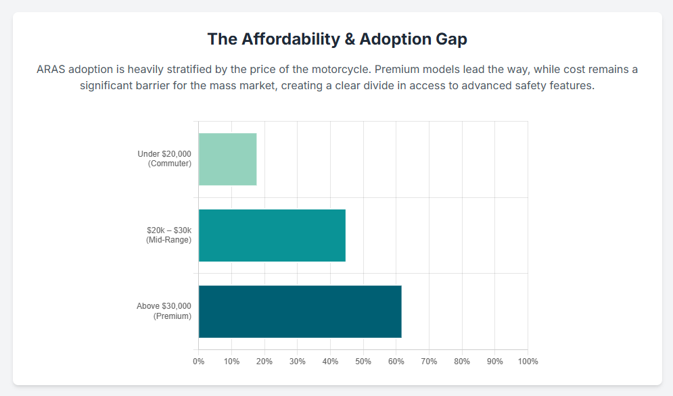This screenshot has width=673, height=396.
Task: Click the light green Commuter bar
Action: [227, 159]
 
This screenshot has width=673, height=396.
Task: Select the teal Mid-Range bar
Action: [272, 235]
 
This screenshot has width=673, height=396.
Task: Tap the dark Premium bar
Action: [300, 312]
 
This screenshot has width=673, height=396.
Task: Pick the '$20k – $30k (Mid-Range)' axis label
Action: [169, 235]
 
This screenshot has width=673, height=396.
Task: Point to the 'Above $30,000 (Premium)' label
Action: [164, 311]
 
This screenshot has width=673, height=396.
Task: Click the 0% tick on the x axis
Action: [199, 362]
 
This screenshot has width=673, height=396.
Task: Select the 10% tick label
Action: [231, 362]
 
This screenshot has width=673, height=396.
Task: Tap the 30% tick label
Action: [297, 362]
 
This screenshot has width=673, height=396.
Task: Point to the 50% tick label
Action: [363, 362]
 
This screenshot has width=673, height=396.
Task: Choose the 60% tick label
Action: [396, 362]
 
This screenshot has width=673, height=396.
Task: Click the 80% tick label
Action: [462, 362]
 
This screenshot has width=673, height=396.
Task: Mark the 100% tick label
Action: [528, 362]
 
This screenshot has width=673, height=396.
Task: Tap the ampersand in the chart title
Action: [350, 39]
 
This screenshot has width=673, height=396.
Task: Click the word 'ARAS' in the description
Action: [51, 70]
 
